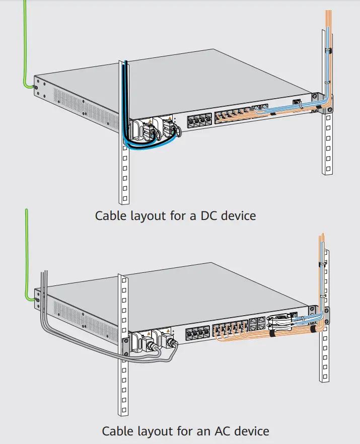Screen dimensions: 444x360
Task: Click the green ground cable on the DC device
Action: (24, 50)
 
